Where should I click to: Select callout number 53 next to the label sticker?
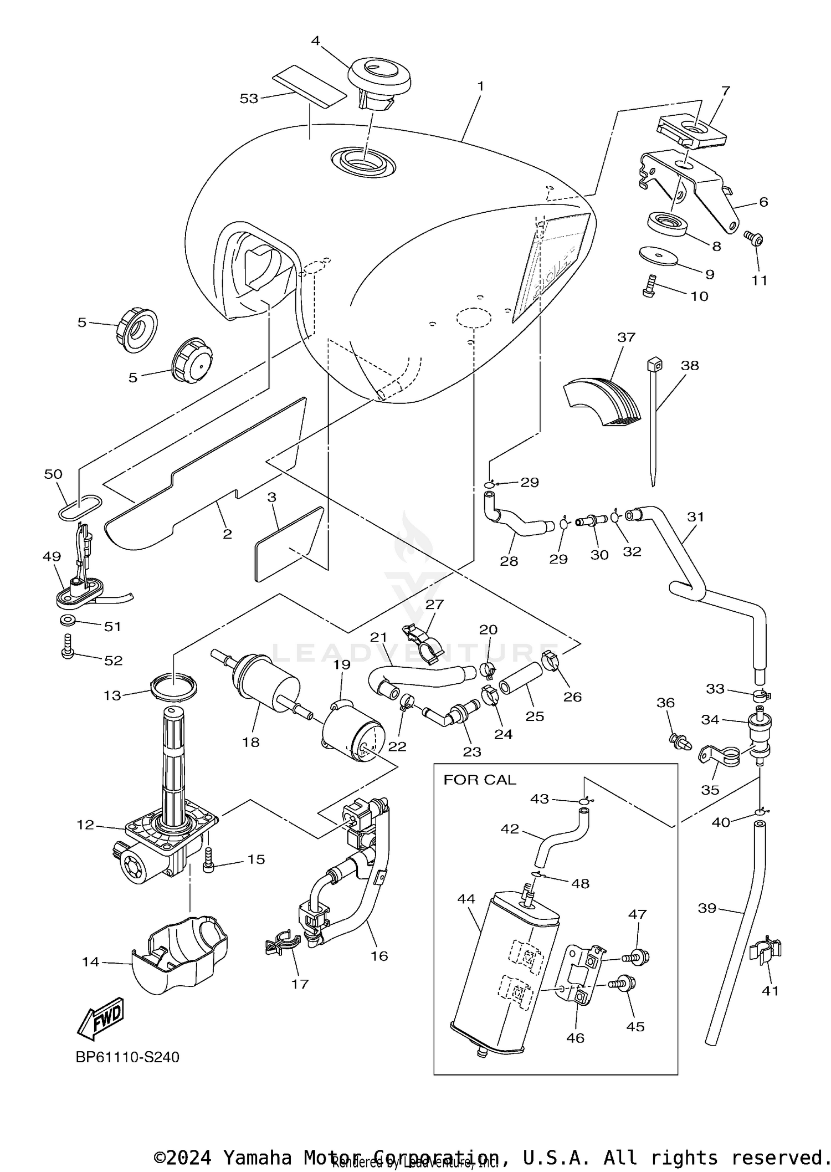pyautogui.click(x=249, y=99)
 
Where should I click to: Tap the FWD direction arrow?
pyautogui.click(x=101, y=1017)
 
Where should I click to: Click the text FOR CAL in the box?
pyautogui.click(x=479, y=780)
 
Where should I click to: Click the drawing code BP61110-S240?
pyautogui.click(x=127, y=1057)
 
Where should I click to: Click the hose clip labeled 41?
pyautogui.click(x=766, y=950)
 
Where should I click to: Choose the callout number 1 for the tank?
pyautogui.click(x=480, y=86)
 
